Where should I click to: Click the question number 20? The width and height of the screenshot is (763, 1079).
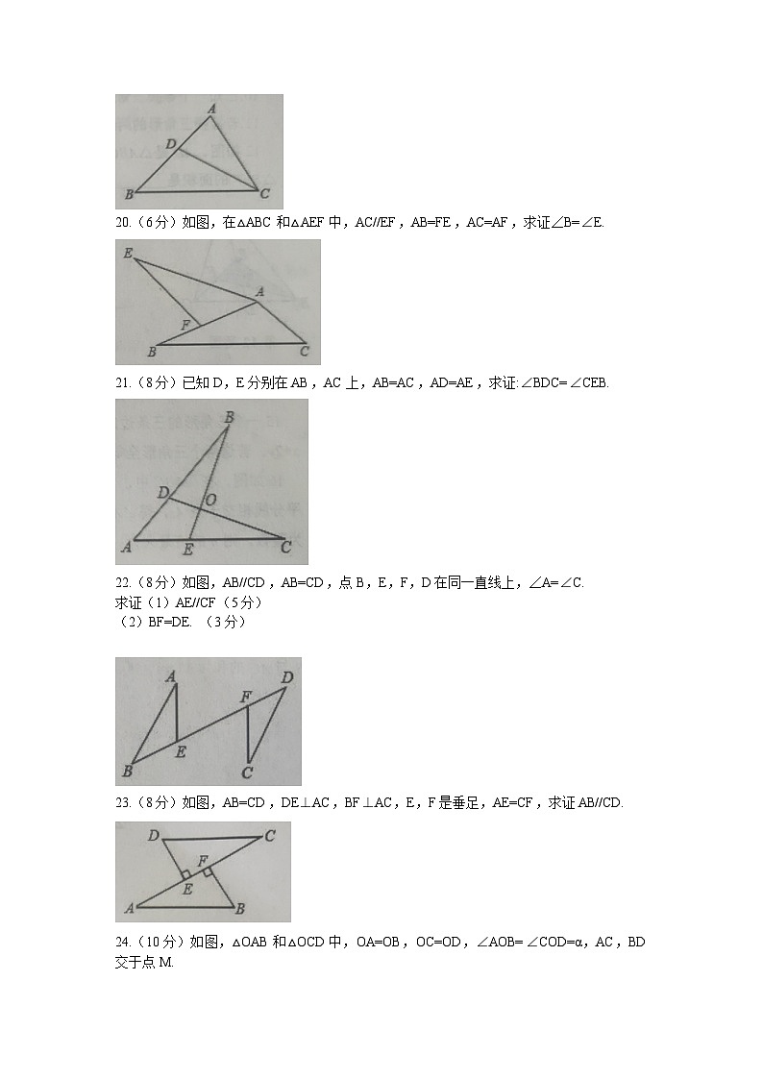click(123, 223)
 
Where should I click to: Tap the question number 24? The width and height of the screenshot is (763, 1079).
click(123, 942)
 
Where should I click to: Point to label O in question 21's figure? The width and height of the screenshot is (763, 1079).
click(209, 500)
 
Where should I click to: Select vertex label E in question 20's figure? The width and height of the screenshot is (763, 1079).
click(127, 254)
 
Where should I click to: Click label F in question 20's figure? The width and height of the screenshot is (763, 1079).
click(185, 325)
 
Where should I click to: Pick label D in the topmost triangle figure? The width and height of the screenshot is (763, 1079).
click(170, 144)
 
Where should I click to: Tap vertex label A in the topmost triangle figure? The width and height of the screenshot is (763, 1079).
click(211, 110)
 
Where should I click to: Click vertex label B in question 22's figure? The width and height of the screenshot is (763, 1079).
click(127, 771)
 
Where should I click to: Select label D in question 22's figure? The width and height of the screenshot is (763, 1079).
click(286, 677)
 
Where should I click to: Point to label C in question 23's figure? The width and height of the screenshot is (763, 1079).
click(270, 836)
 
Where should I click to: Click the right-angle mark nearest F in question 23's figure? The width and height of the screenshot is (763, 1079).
click(208, 871)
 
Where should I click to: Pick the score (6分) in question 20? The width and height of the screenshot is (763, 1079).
click(158, 223)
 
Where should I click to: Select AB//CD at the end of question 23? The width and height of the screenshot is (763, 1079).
click(600, 803)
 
